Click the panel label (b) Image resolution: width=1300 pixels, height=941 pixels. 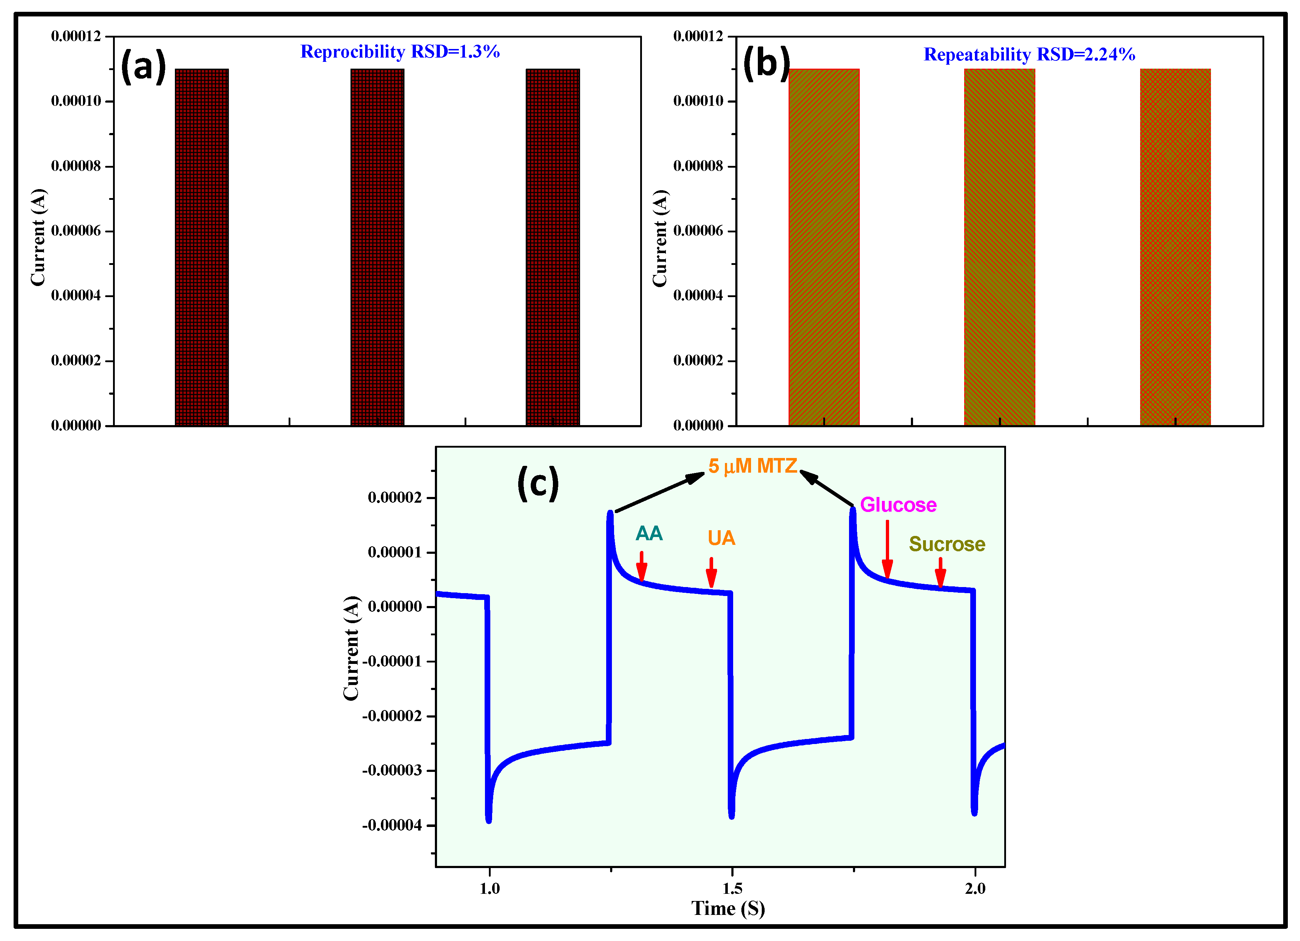tap(766, 63)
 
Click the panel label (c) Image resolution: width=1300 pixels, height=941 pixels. tap(538, 483)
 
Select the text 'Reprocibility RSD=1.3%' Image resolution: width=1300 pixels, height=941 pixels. tap(400, 51)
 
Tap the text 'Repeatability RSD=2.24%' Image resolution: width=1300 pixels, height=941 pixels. tap(1030, 54)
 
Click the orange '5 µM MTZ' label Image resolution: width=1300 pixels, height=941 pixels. tap(752, 466)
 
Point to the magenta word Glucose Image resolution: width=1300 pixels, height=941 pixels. tap(898, 505)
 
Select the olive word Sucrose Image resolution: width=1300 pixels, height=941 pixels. tap(947, 544)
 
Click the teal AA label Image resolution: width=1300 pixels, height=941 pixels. tap(649, 533)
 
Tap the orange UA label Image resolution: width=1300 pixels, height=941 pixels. tap(721, 538)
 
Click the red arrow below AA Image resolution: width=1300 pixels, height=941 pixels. tap(641, 567)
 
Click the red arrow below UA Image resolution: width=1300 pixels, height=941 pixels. tap(711, 572)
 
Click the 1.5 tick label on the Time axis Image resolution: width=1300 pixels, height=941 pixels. tap(732, 889)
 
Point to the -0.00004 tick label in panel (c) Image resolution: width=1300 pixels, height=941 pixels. tap(392, 825)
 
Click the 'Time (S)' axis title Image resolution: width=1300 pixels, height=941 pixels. tap(728, 908)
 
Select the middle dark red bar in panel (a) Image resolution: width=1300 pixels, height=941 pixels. tap(377, 247)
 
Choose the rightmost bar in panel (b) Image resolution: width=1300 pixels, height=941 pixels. tap(1175, 247)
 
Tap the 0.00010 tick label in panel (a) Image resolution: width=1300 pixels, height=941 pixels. tap(76, 101)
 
